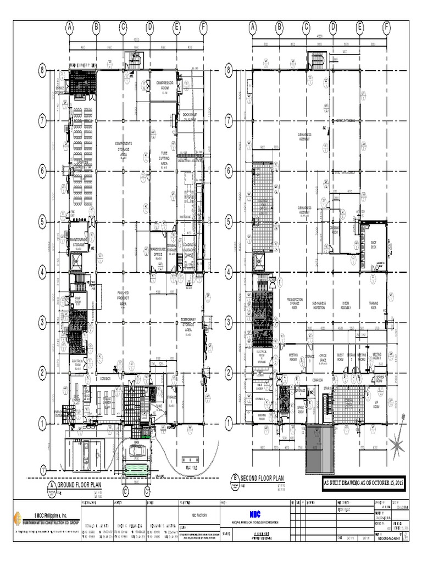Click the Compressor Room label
click(x=164, y=85)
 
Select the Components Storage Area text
click(x=124, y=149)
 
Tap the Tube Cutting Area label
click(x=164, y=158)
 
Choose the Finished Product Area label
click(x=123, y=299)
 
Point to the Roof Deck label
click(x=374, y=246)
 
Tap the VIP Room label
click(x=377, y=404)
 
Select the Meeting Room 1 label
click(x=293, y=357)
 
